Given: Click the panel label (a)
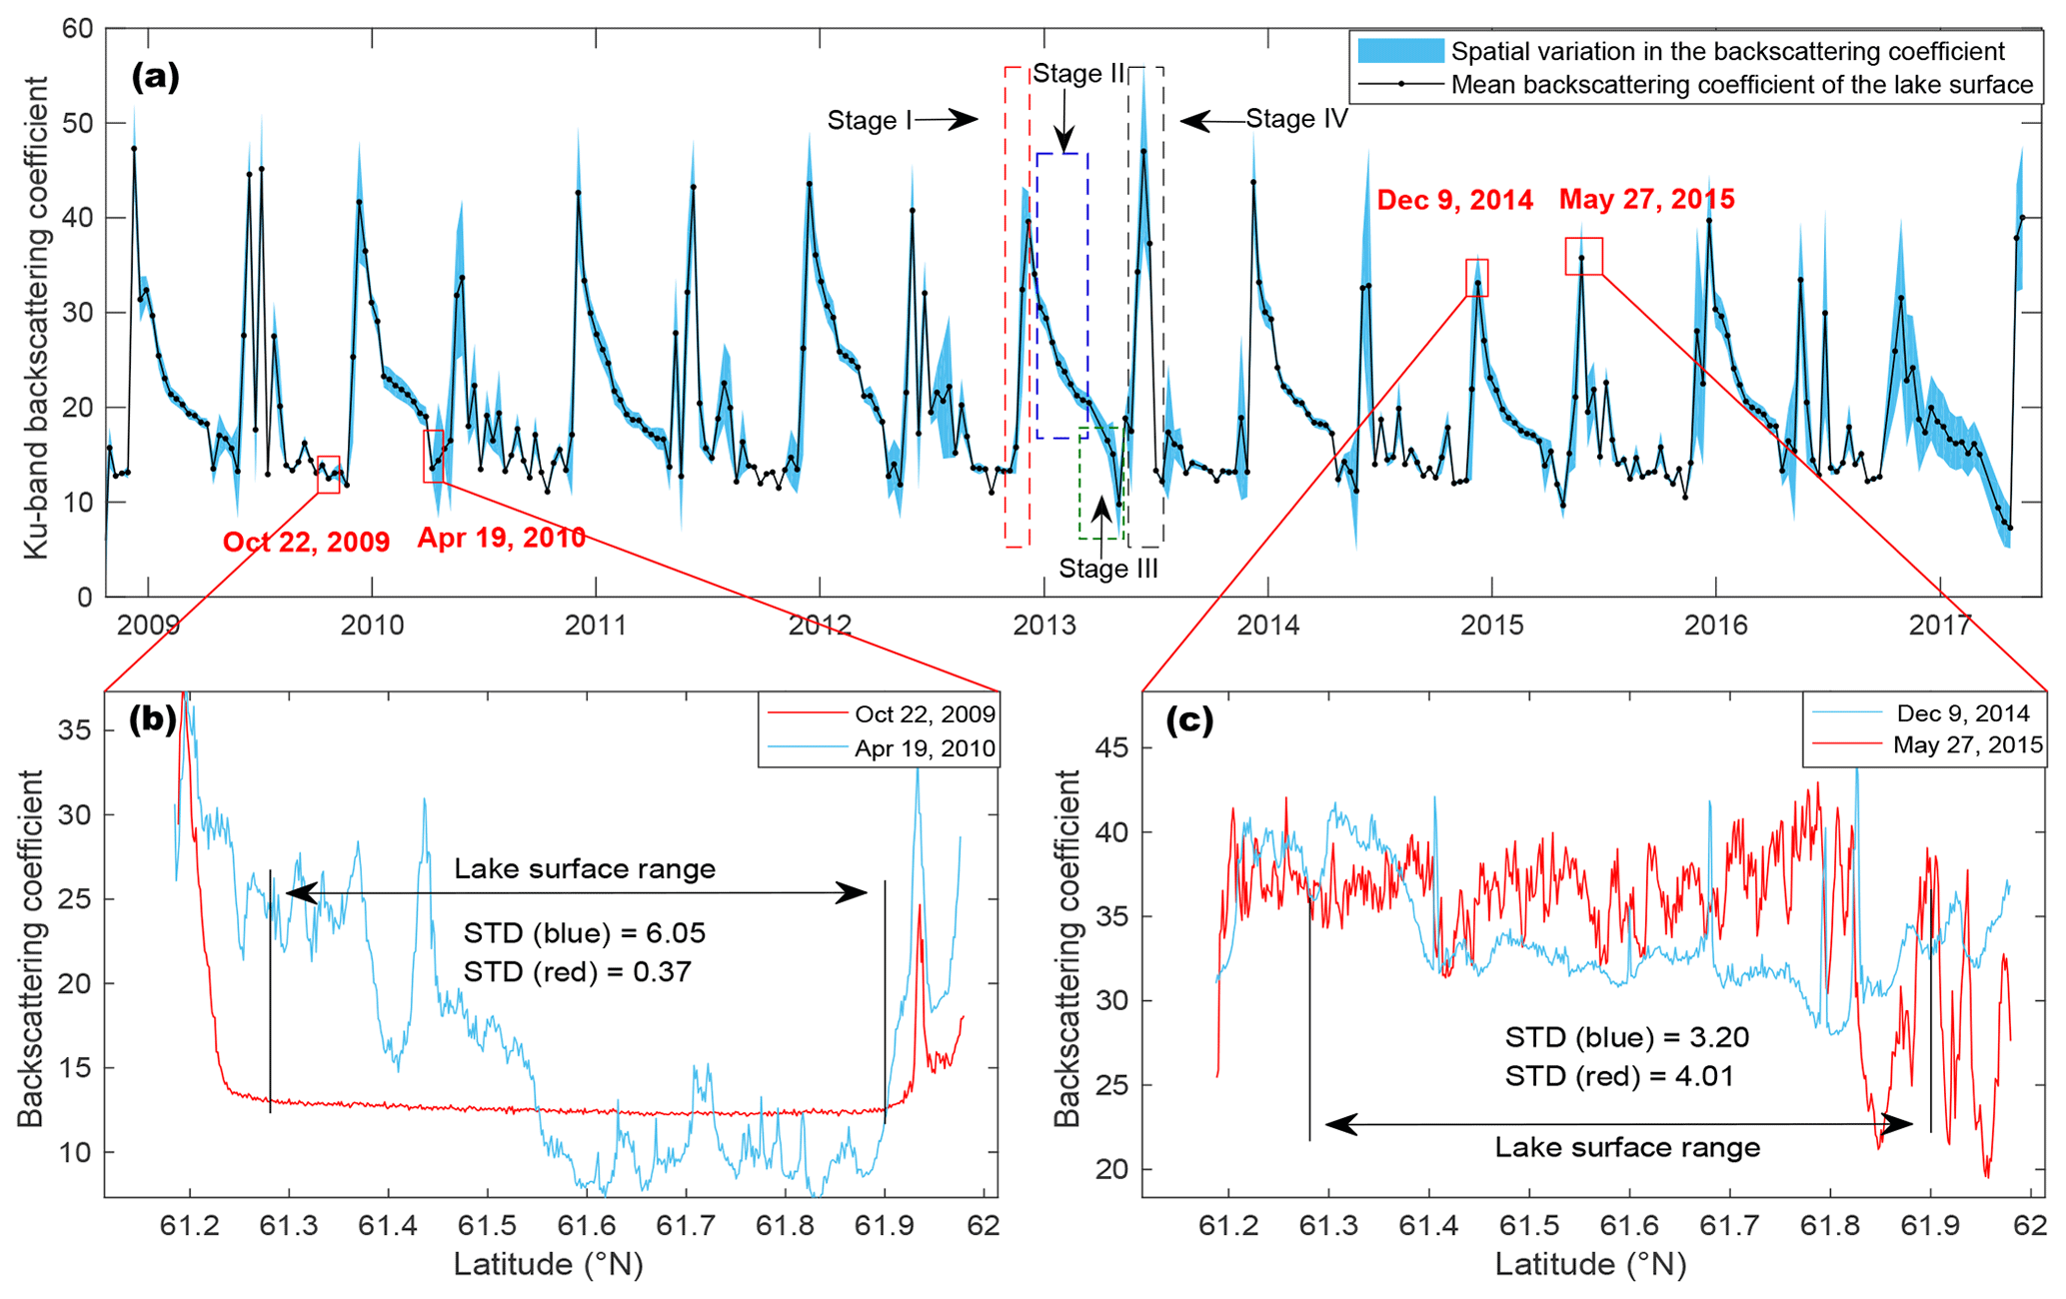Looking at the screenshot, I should pyautogui.click(x=155, y=77).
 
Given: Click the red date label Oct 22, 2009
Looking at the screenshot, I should pyautogui.click(x=306, y=542).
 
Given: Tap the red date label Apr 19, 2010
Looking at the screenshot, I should pyautogui.click(x=501, y=538).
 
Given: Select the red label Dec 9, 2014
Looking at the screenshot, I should pyautogui.click(x=1454, y=200).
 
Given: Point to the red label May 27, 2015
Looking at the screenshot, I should pyautogui.click(x=1646, y=199).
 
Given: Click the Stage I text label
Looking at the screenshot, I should pyautogui.click(x=869, y=121).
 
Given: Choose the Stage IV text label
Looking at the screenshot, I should pyautogui.click(x=1296, y=119).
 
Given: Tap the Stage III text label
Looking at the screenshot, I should pyautogui.click(x=1108, y=569).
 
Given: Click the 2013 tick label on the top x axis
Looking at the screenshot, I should pyautogui.click(x=1043, y=626).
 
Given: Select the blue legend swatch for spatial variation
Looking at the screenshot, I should pyautogui.click(x=1399, y=51).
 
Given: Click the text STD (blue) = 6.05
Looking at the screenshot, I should pyautogui.click(x=585, y=933).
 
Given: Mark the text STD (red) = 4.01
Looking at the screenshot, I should pyautogui.click(x=1619, y=1075).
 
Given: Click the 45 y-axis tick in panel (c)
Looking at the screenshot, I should pyautogui.click(x=1114, y=747).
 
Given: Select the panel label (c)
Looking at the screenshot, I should pyautogui.click(x=1189, y=721).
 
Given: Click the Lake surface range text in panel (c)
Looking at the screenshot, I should pyautogui.click(x=1627, y=1147).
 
